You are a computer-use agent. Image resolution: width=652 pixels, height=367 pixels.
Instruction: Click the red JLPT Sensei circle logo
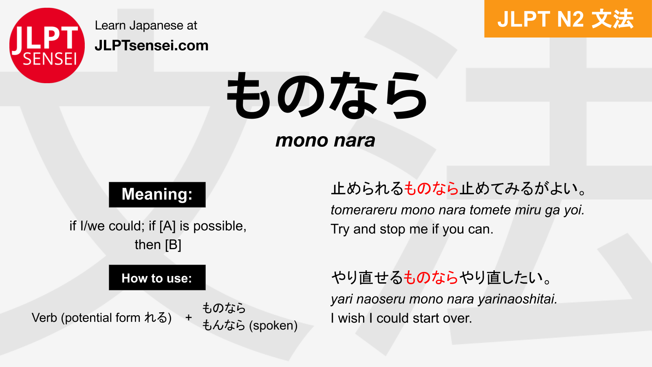47,45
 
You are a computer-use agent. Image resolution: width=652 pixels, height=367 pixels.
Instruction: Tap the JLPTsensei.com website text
151,46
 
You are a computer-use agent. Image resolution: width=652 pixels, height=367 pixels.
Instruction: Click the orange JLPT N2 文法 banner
568,19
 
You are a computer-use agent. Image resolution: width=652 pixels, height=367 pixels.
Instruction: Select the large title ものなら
326,96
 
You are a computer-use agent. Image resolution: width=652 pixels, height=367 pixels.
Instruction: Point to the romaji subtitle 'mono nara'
325,141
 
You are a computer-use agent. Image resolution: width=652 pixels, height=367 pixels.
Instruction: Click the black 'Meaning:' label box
157,195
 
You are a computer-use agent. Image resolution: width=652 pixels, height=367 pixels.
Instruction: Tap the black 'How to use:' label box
157,278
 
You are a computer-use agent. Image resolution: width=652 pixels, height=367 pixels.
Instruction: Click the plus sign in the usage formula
188,317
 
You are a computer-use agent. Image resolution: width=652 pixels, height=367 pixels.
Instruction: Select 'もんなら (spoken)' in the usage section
250,325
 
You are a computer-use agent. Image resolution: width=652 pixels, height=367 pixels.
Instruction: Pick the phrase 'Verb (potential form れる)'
101,317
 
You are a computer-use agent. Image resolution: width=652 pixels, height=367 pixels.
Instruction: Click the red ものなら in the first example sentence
432,189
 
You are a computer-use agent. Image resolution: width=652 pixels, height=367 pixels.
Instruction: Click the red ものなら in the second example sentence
431,278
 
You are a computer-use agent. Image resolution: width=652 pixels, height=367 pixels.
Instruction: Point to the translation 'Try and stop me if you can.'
412,229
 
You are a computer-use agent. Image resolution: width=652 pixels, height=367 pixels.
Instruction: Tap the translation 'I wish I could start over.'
401,318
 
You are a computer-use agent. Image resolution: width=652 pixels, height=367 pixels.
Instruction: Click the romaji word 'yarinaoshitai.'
517,299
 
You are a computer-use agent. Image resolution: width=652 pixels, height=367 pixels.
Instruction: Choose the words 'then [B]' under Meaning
158,245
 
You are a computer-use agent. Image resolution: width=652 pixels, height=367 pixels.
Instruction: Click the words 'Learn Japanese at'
146,25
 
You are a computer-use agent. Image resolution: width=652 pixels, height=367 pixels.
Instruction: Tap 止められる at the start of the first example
367,189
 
